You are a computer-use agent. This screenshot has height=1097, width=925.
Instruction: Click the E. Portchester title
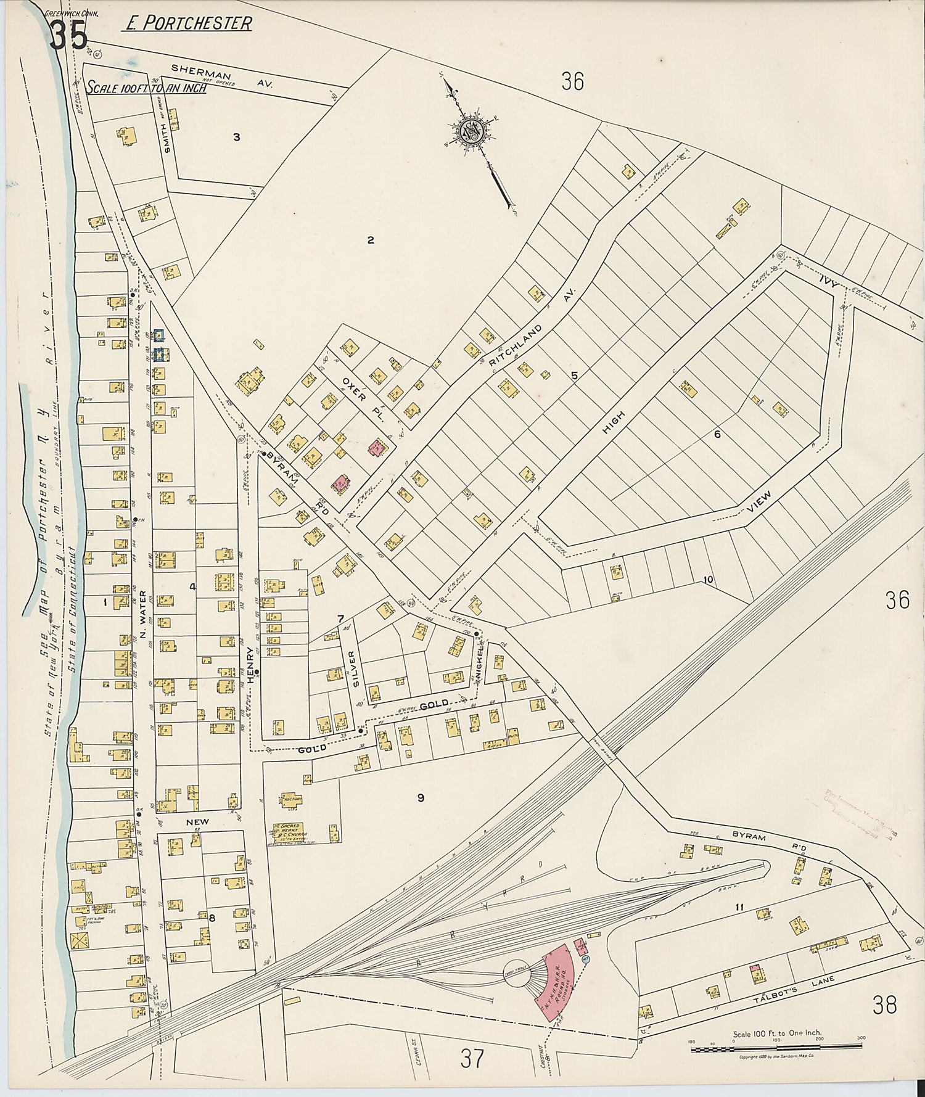pyautogui.click(x=188, y=23)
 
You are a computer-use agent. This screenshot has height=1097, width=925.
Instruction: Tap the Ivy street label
pyautogui.click(x=828, y=282)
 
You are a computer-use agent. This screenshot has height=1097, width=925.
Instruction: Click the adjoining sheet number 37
pyautogui.click(x=472, y=1059)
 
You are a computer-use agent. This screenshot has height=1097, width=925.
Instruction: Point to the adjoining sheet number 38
pyautogui.click(x=884, y=1005)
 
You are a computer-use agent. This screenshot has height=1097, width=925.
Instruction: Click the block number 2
pyautogui.click(x=371, y=240)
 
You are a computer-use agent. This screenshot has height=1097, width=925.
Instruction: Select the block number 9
pyautogui.click(x=421, y=798)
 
